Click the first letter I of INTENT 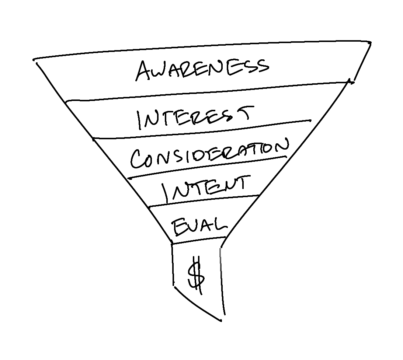pyautogui.click(x=166, y=194)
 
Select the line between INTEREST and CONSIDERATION pyautogui.click(x=203, y=129)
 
